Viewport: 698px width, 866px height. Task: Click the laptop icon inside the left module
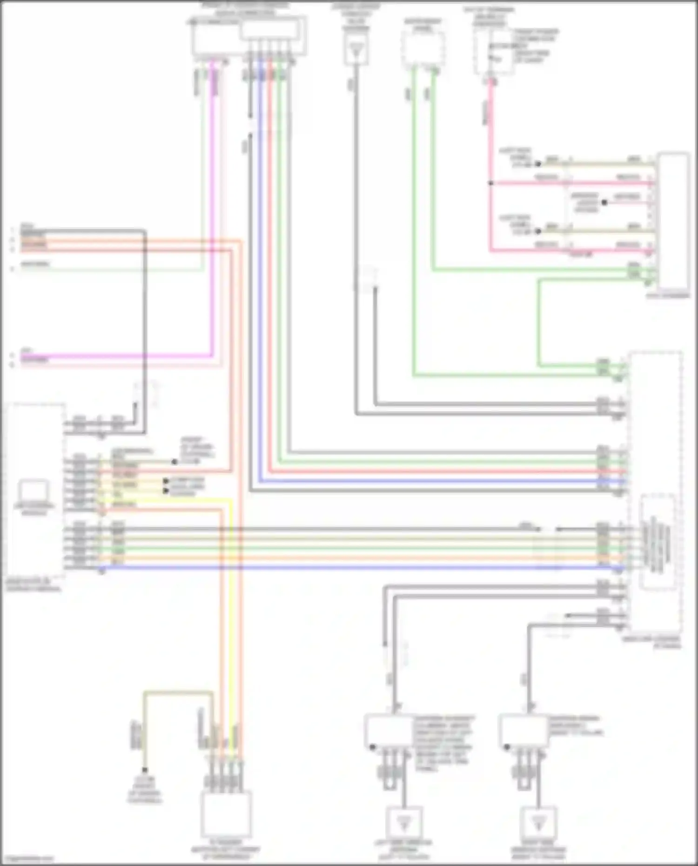[34, 490]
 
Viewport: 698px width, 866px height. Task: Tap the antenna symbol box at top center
[356, 49]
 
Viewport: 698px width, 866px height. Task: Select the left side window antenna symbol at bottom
[404, 823]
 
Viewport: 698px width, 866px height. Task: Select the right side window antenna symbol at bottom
[538, 823]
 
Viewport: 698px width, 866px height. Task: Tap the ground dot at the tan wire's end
[145, 770]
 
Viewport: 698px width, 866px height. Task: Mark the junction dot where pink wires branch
[490, 183]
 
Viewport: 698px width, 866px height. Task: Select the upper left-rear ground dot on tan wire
[538, 164]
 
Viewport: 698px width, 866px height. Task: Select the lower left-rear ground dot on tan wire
[538, 231]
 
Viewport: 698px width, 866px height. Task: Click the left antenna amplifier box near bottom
[389, 732]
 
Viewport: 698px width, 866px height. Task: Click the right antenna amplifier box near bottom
[523, 732]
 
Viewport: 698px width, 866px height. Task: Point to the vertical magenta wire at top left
[213, 209]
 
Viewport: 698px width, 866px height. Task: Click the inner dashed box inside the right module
[657, 543]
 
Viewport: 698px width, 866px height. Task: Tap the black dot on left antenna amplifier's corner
[372, 747]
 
